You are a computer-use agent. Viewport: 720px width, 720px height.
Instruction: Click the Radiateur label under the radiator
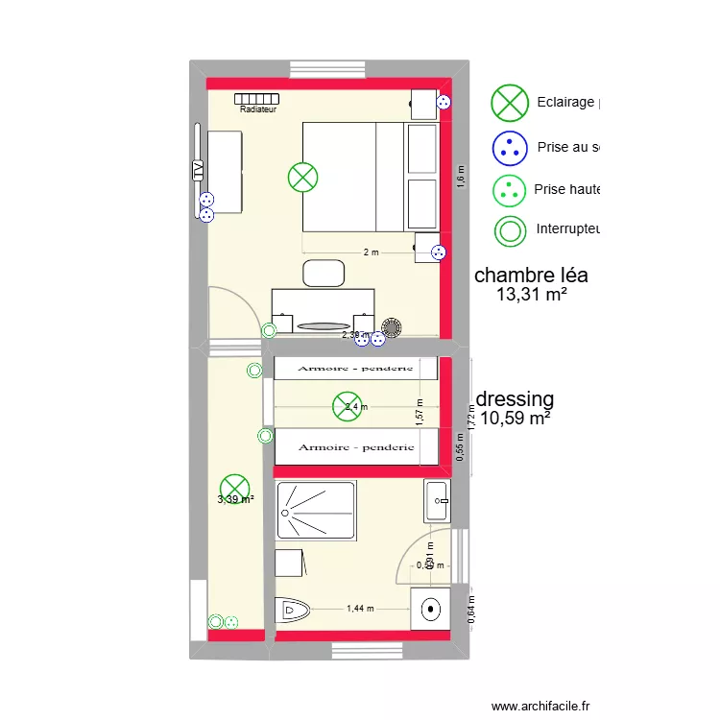click(258, 110)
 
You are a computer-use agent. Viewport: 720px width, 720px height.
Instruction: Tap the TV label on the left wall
click(198, 169)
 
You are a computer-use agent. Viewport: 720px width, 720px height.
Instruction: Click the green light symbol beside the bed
click(303, 177)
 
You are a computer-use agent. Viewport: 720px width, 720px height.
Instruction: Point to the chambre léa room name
click(531, 276)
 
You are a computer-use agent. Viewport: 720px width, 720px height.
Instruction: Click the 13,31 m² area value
click(531, 296)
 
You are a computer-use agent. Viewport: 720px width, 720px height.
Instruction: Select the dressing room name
click(516, 398)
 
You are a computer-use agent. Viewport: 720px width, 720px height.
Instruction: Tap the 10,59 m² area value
click(516, 419)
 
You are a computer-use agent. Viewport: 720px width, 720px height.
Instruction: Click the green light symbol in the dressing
click(348, 406)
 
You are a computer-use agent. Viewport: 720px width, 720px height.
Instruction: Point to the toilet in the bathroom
click(292, 610)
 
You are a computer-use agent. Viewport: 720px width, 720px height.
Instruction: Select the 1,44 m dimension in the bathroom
click(360, 609)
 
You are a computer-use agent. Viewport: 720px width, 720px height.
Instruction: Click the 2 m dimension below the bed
click(371, 252)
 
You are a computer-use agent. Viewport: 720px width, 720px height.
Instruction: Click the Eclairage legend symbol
click(510, 102)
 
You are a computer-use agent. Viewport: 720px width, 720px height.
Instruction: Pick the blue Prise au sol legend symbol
click(510, 147)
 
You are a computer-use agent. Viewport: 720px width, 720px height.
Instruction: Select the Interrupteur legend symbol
click(510, 230)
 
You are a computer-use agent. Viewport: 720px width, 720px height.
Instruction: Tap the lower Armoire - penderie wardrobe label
click(356, 446)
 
